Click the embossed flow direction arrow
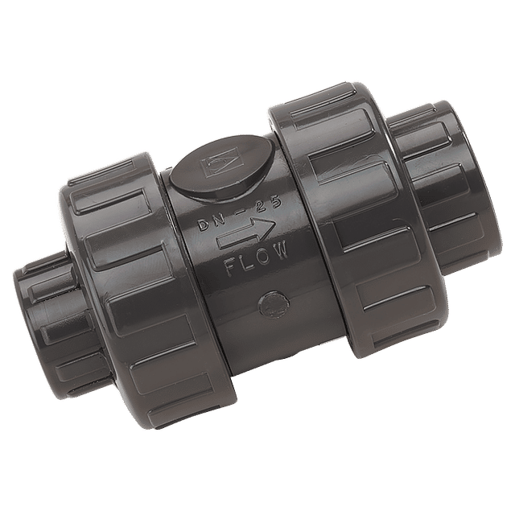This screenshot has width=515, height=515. (x=245, y=233)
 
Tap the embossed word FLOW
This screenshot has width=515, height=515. (x=257, y=259)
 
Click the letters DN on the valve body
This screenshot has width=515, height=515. (x=211, y=222)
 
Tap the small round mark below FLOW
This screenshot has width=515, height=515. (x=274, y=304)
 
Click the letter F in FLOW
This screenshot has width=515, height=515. (x=232, y=267)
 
